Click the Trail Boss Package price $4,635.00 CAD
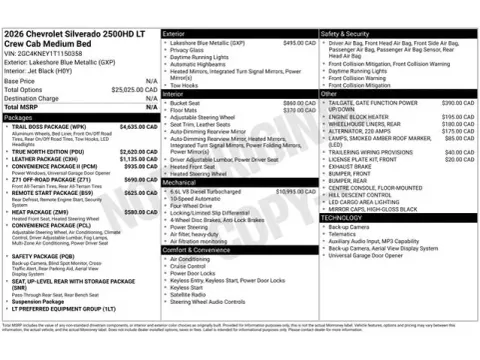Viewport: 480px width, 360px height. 134,127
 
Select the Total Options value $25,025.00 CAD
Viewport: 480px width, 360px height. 133,89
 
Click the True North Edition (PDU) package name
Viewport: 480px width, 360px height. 51,151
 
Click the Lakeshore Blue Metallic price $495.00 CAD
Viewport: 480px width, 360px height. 298,43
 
